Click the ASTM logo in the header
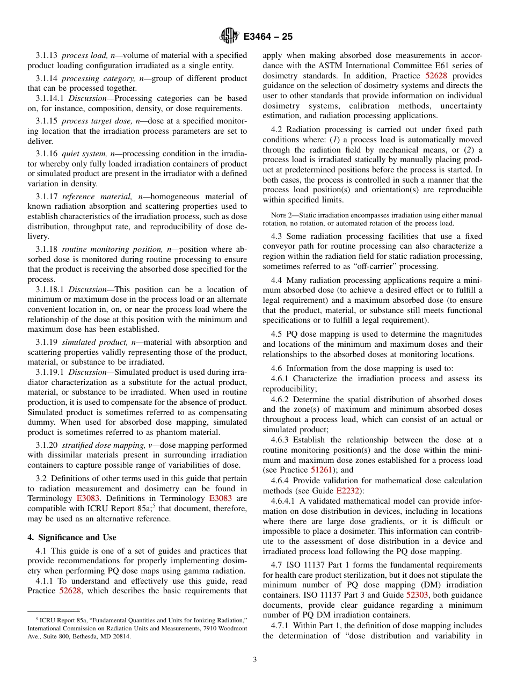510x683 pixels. tap(229, 37)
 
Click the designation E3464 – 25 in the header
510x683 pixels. tap(268, 37)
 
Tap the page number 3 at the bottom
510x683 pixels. tap(255, 660)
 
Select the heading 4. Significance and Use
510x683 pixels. tap(72, 537)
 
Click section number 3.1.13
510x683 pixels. tap(47, 55)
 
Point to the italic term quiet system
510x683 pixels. tap(82, 154)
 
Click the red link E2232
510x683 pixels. tap(348, 491)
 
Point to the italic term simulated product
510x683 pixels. tap(94, 343)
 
